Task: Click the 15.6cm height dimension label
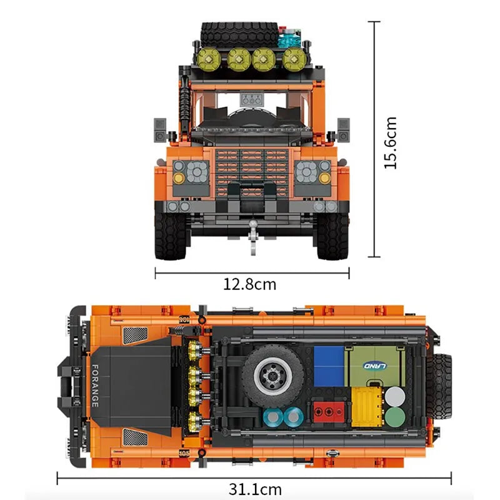391,142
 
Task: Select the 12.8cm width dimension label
250,284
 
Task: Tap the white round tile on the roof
394,396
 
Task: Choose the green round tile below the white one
394,417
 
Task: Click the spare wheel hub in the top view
273,372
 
